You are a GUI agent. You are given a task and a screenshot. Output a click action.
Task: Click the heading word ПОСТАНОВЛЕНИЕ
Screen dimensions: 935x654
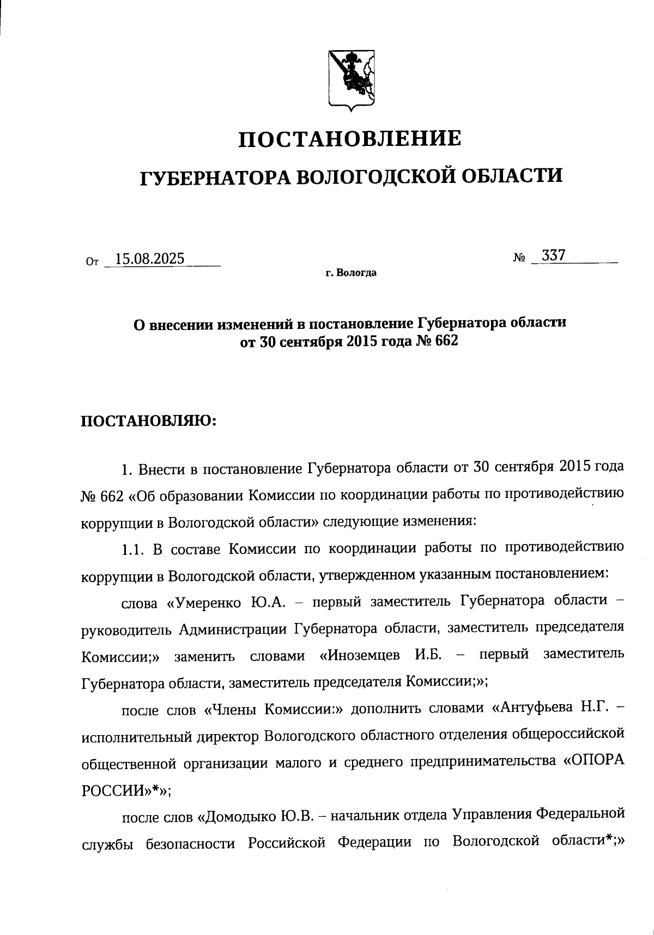pyautogui.click(x=350, y=139)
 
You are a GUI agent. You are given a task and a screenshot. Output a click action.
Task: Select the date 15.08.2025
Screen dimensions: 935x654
pyautogui.click(x=147, y=258)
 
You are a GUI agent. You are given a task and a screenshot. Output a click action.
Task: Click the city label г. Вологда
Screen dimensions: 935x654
pyautogui.click(x=351, y=273)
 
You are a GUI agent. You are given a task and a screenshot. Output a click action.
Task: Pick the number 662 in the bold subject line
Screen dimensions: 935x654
pyautogui.click(x=444, y=341)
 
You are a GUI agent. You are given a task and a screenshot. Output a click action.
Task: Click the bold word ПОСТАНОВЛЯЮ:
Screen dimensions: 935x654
pyautogui.click(x=149, y=421)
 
